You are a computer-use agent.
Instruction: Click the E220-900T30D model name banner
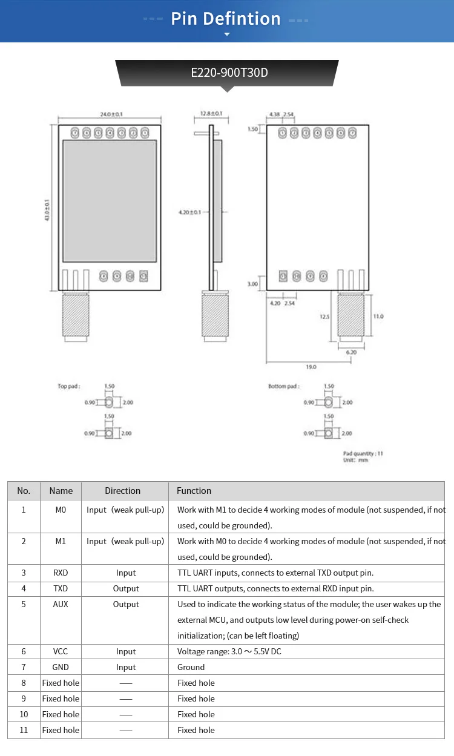coord(229,73)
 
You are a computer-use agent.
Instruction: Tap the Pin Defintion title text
coord(226,19)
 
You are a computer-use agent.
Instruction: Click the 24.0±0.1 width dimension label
coord(111,114)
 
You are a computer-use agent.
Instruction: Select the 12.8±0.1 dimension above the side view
coord(211,114)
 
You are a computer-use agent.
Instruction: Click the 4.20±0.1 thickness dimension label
coord(189,212)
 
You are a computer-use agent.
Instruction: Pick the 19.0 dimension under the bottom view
coord(311,367)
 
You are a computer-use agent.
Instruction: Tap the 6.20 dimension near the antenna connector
coord(351,352)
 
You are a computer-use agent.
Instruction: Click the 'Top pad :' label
coord(68,386)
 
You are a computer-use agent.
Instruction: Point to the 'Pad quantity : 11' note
coord(363,453)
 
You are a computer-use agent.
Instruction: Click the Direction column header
coord(122,491)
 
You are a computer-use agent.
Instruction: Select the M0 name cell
coord(61,510)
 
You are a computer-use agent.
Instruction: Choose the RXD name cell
coord(61,573)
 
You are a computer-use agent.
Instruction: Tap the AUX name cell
coord(61,604)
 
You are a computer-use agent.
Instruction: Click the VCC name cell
coord(61,651)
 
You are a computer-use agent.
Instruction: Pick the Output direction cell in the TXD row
coord(126,588)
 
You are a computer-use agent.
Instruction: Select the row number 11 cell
coord(24,730)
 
